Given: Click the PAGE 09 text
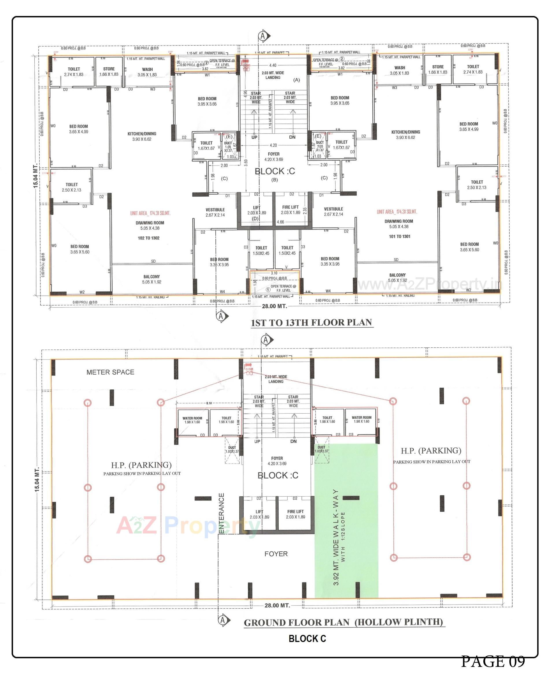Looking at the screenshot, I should point(492,661).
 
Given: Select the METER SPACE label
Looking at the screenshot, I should point(110,372).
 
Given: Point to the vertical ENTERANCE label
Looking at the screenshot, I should point(221,513).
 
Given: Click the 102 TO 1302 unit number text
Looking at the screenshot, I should point(148,238).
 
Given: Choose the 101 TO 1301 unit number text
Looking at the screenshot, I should point(399,236).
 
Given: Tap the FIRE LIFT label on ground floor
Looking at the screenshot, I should point(295,512).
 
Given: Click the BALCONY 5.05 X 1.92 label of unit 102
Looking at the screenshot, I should point(151,279).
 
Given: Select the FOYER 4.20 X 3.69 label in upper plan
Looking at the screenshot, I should point(273,156).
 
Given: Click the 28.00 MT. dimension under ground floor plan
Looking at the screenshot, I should point(277,605).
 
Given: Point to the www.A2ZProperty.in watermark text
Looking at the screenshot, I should point(428,284).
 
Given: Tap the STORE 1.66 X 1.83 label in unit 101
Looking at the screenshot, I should point(438,69).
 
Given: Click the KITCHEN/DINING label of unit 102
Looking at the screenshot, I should point(142,136).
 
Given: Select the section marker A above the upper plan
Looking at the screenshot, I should point(263,36).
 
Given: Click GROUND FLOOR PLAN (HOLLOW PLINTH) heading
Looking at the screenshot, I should point(343,622).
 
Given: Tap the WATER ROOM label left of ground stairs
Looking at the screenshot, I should point(192,420).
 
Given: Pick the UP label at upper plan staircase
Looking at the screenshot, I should point(254,137).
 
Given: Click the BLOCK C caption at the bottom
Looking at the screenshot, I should point(307,639).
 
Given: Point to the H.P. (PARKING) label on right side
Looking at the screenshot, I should point(431,451).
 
